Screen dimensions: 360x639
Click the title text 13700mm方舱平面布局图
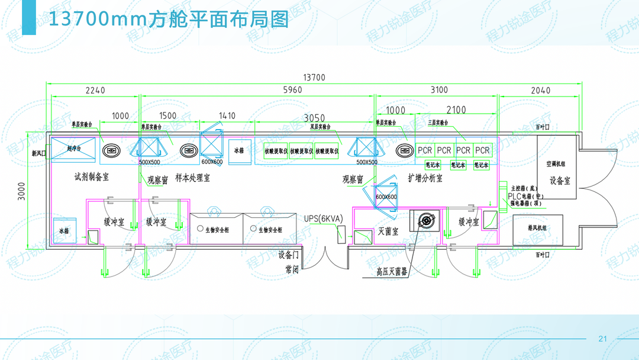pyautogui.click(x=168, y=20)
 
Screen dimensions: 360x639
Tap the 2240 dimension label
pyautogui.click(x=95, y=91)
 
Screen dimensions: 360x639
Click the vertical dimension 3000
pyautogui.click(x=22, y=192)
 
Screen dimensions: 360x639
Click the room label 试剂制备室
pyautogui.click(x=91, y=176)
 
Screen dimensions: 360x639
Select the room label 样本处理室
pyautogui.click(x=193, y=178)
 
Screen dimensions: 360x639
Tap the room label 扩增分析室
pyautogui.click(x=425, y=178)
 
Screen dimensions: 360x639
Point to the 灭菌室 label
pyautogui.click(x=388, y=230)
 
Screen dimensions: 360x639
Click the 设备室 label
pyautogui.click(x=560, y=180)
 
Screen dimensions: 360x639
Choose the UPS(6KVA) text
pyautogui.click(x=324, y=218)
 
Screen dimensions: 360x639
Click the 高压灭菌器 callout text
pyautogui.click(x=392, y=272)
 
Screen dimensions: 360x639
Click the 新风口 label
pyautogui.click(x=38, y=153)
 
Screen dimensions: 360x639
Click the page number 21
pyautogui.click(x=603, y=339)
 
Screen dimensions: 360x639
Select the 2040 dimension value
pyautogui.click(x=540, y=91)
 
